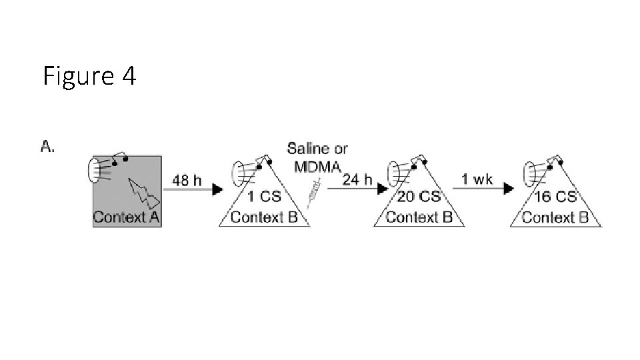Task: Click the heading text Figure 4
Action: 89,77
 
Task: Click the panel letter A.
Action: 47,147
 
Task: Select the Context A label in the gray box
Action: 126,217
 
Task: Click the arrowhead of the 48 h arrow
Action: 217,190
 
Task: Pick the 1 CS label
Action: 263,197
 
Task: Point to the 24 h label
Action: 357,179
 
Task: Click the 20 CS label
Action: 419,197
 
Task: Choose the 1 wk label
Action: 477,179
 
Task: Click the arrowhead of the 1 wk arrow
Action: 508,189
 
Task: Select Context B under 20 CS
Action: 419,217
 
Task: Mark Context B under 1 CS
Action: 264,217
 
